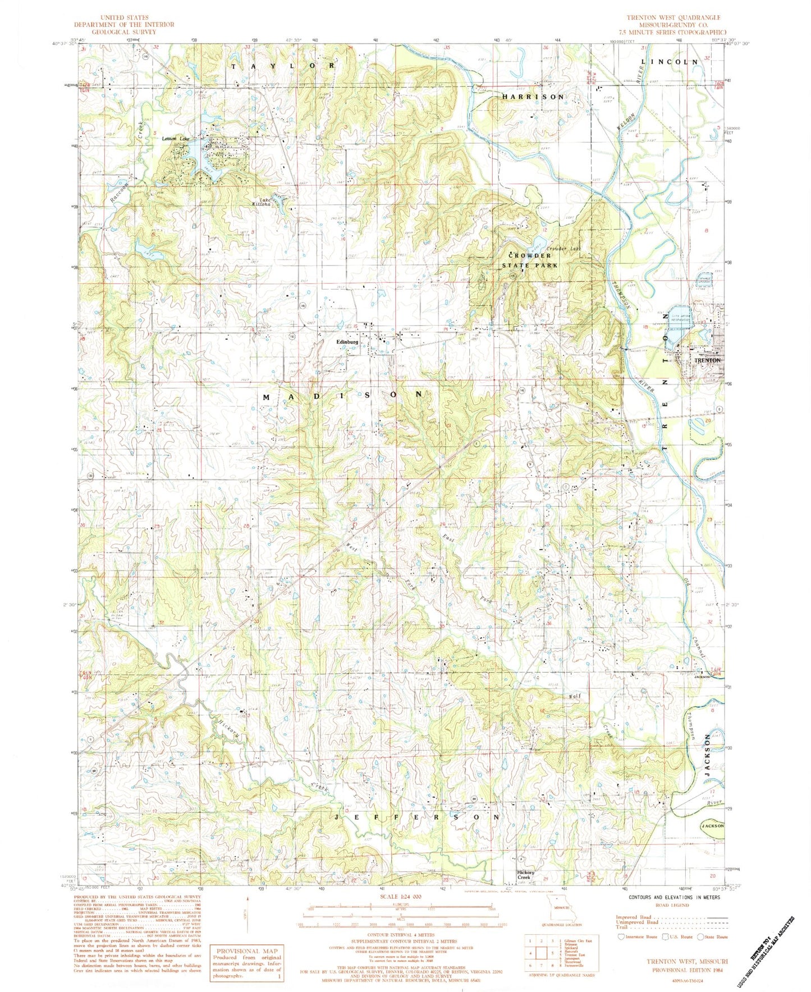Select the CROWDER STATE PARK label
(530, 260)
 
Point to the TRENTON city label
(707, 360)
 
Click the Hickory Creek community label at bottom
(525, 874)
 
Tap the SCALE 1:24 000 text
(400, 898)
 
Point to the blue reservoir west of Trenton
(678, 322)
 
